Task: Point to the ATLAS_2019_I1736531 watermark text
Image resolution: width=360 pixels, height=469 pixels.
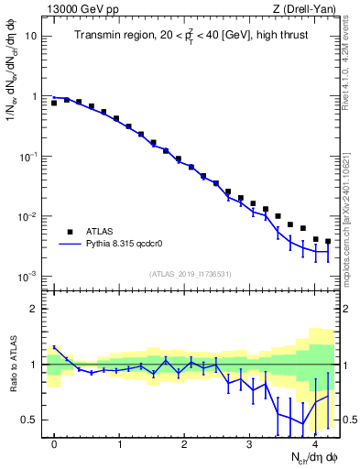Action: tap(190, 274)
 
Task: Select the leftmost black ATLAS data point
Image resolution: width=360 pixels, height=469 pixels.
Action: tap(54, 104)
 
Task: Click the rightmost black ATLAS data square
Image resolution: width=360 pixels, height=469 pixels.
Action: tap(328, 242)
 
